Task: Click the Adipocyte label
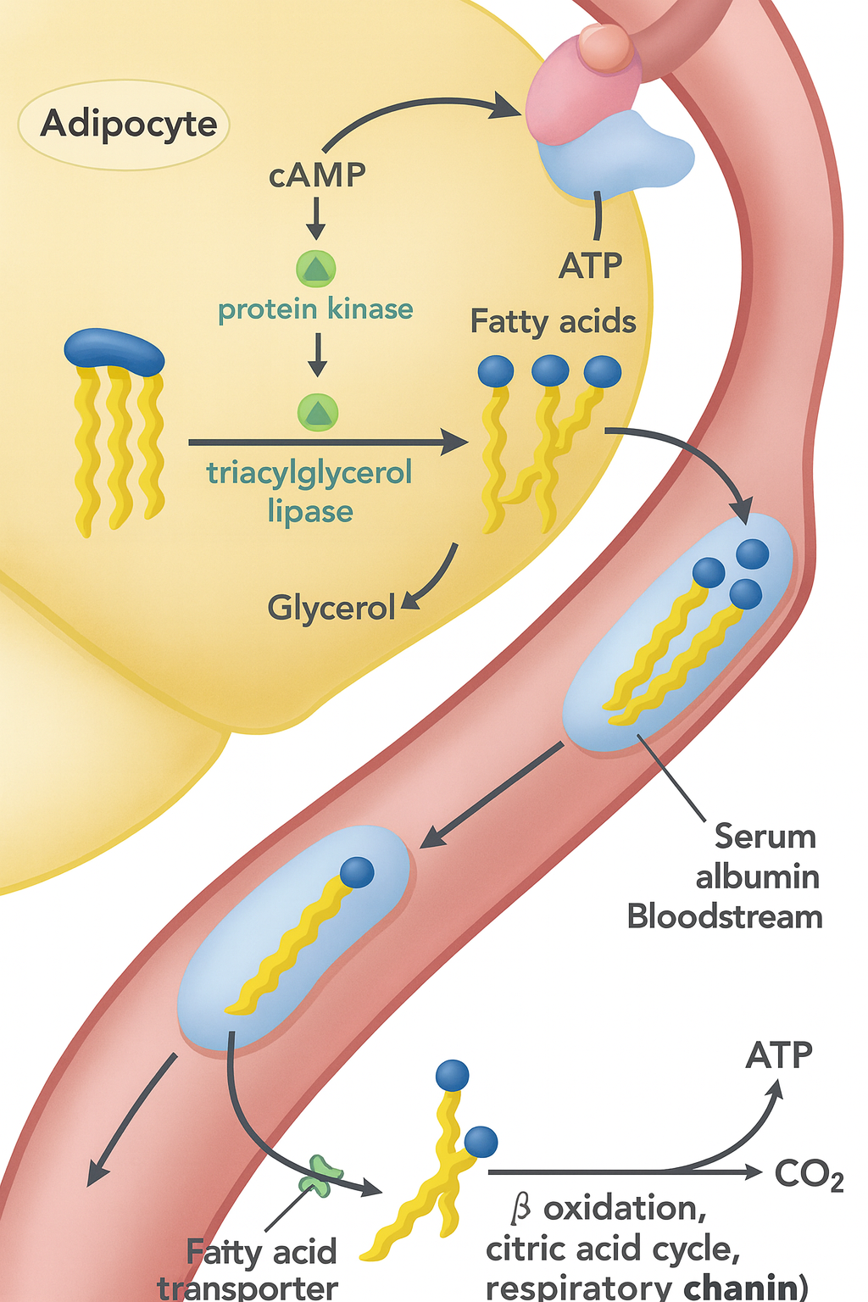[129, 124]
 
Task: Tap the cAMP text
[317, 175]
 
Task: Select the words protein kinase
[315, 309]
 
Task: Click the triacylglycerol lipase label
[309, 492]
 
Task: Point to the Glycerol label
[331, 608]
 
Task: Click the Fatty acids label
[553, 322]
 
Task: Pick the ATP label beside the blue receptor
[590, 266]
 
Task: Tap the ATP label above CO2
[779, 1055]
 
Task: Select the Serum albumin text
[758, 856]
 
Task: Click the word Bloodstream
[725, 917]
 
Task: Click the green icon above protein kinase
[316, 269]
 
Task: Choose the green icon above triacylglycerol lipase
[318, 413]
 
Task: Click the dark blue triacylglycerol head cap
[114, 350]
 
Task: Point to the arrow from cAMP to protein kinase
[315, 218]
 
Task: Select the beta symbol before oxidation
[520, 1208]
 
